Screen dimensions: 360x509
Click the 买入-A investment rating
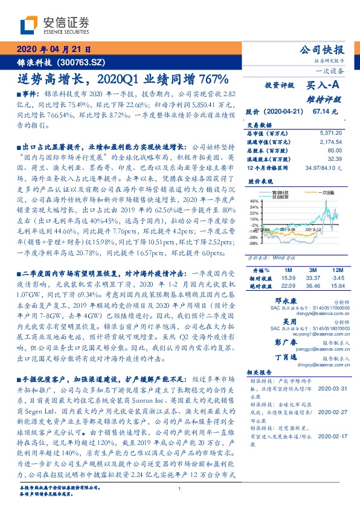coord(324,86)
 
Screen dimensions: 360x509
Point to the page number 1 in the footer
coord(180,488)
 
